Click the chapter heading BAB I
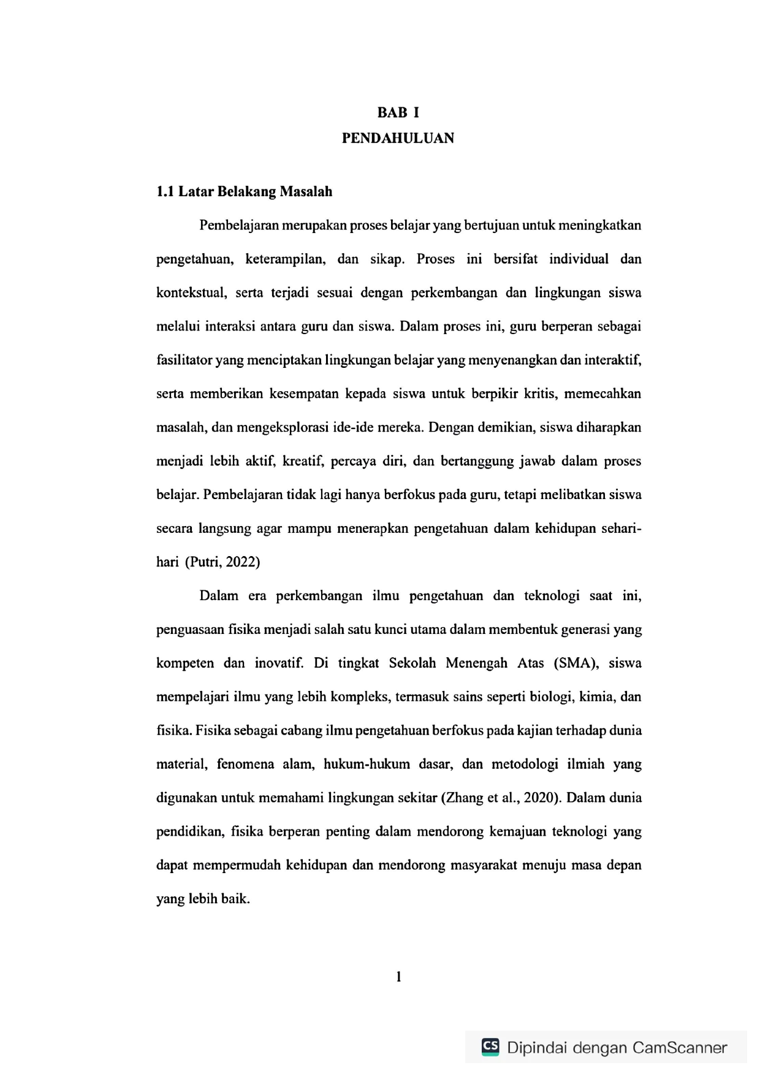[398, 113]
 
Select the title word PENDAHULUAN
[398, 139]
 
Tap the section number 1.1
[165, 192]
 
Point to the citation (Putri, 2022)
[222, 562]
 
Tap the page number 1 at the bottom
[398, 977]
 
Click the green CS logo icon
[490, 1047]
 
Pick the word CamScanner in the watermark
[679, 1048]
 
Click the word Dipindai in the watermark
[537, 1048]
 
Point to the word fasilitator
[184, 360]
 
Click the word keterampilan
[285, 259]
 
